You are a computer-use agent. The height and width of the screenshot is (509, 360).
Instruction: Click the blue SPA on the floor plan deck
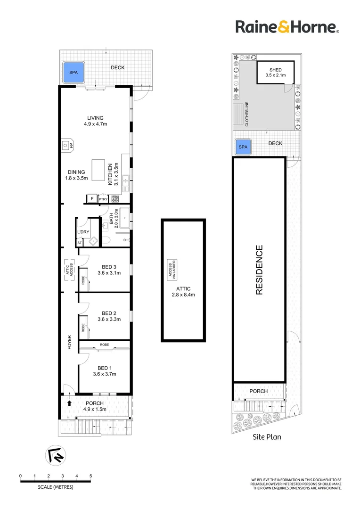coord(74,73)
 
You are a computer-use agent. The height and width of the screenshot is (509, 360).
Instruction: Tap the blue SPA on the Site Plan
coord(243,147)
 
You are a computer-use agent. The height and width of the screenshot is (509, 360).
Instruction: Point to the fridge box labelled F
coord(91,199)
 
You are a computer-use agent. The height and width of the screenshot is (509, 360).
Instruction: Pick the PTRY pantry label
coord(103,199)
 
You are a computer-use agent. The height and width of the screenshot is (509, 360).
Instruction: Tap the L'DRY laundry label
coord(83,232)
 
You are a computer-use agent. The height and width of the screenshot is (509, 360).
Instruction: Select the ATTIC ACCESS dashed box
coord(68,270)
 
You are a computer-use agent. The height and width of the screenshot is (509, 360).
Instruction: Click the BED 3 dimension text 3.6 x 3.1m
coord(109,272)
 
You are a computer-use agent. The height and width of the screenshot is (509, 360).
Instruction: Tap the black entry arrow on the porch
coord(70,403)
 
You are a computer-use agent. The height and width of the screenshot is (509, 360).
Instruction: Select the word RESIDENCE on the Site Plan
coord(259,270)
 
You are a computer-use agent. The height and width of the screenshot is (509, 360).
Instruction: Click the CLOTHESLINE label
coord(246,114)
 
